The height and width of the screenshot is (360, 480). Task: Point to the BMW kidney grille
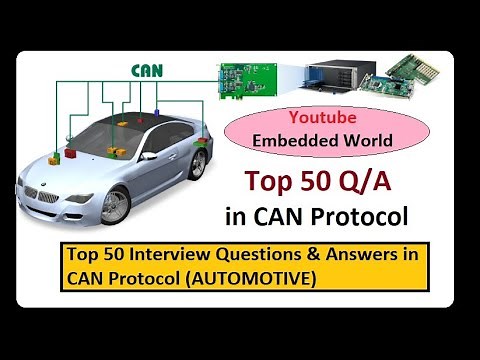coord(40,191)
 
